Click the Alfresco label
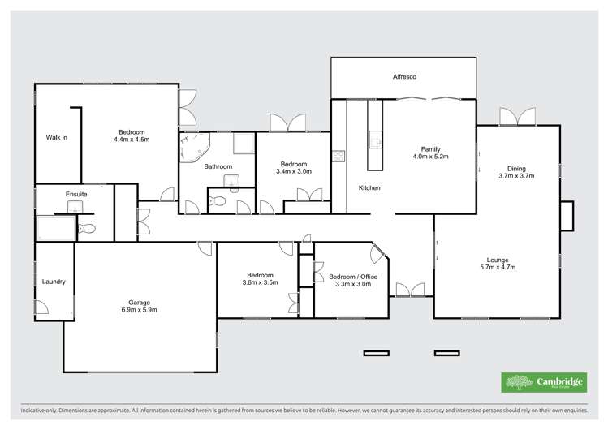pyautogui.click(x=404, y=76)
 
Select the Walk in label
pyautogui.click(x=56, y=137)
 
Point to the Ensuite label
pyautogui.click(x=76, y=195)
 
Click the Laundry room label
pyautogui.click(x=54, y=282)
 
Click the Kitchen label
pyautogui.click(x=369, y=188)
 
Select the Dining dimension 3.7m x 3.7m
pyautogui.click(x=516, y=175)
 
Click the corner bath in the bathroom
pyautogui.click(x=195, y=148)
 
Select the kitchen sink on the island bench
pyautogui.click(x=377, y=140)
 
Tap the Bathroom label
pyautogui.click(x=218, y=167)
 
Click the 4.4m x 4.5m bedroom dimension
pyautogui.click(x=131, y=140)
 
